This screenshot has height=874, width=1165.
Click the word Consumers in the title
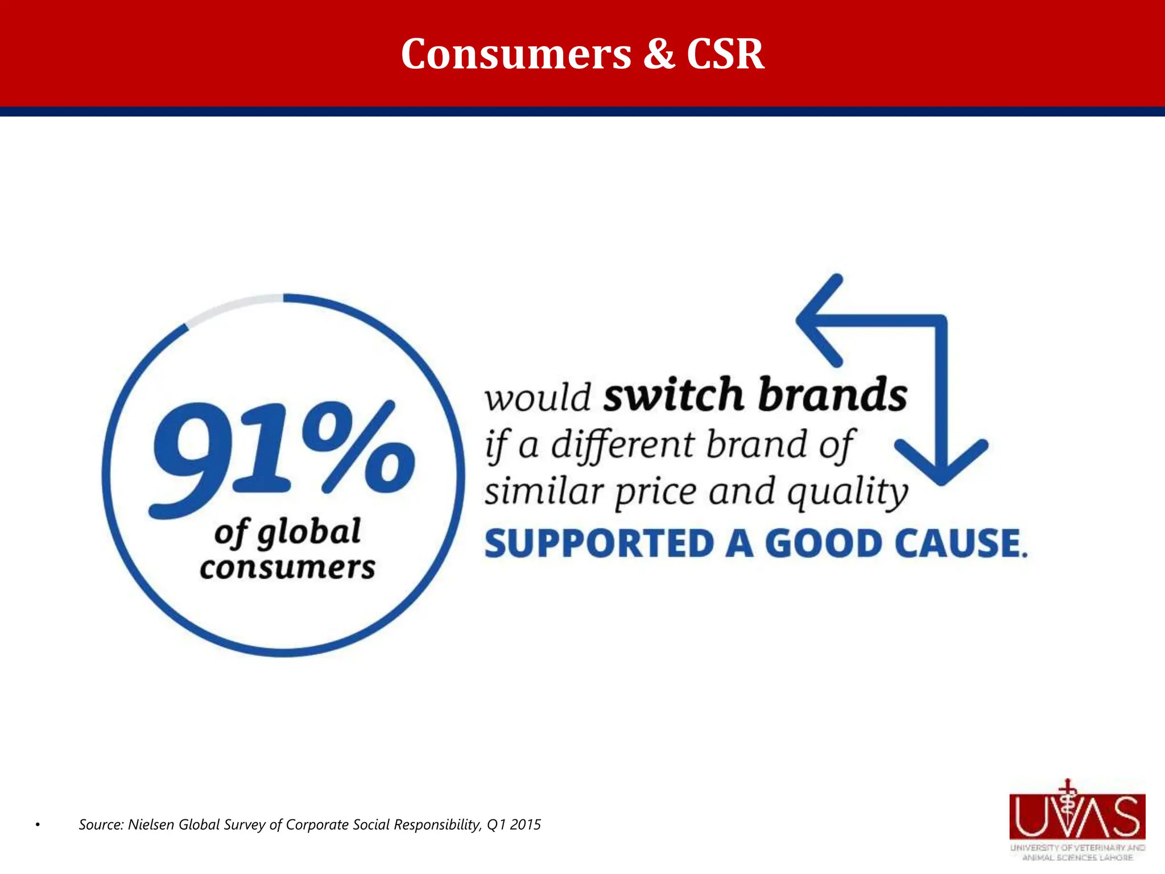pos(516,54)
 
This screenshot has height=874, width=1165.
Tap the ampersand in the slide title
pos(659,54)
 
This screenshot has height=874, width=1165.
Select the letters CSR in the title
pos(725,54)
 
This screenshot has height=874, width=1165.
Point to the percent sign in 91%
pos(358,447)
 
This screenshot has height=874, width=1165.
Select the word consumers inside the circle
pos(287,568)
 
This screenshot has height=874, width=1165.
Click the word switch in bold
pos(673,394)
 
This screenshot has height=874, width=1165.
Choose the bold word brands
pos(833,394)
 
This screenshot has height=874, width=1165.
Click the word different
pos(623,445)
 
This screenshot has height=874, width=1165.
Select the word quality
pos(848,492)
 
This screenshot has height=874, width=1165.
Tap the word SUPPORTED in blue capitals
pos(599,543)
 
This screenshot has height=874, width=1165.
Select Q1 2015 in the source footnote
pos(514,824)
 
